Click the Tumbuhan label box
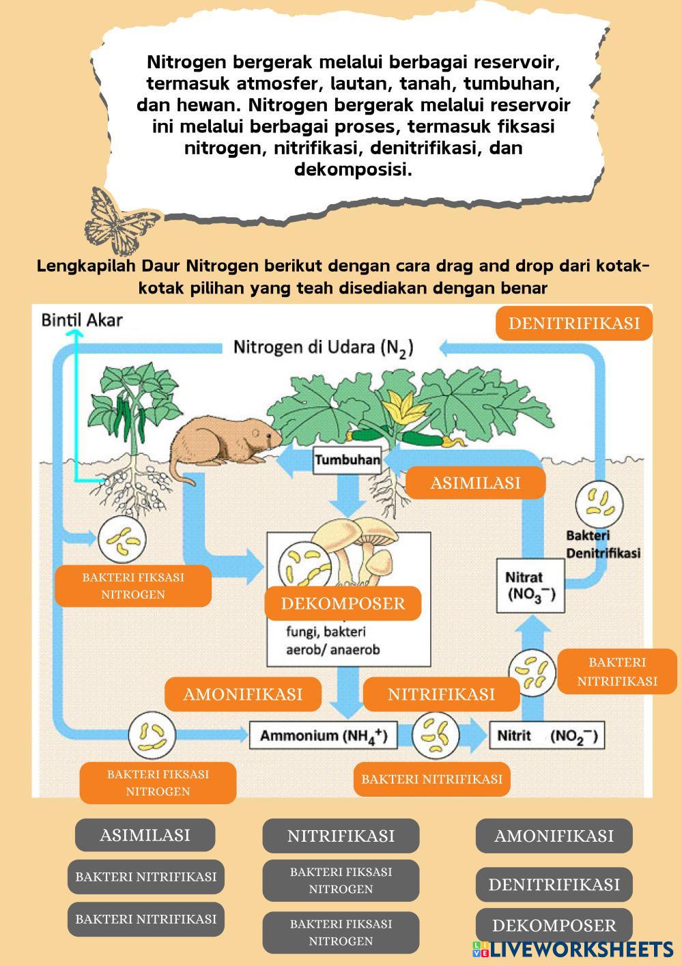pyautogui.click(x=347, y=460)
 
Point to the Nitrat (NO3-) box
pyautogui.click(x=530, y=585)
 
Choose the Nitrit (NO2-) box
pyautogui.click(x=547, y=736)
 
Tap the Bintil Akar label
pyautogui.click(x=82, y=319)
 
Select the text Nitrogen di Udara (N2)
pyautogui.click(x=323, y=347)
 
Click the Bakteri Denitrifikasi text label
pyautogui.click(x=603, y=544)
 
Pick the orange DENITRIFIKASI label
pyautogui.click(x=573, y=323)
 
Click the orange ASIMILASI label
pyautogui.click(x=475, y=483)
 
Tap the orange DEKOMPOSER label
pyautogui.click(x=343, y=603)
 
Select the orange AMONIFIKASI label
pyautogui.click(x=242, y=694)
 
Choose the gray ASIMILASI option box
pyautogui.click(x=145, y=835)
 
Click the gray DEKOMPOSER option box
pyautogui.click(x=554, y=926)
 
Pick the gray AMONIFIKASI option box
pyautogui.click(x=554, y=836)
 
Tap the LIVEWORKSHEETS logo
pyautogui.click(x=573, y=949)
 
